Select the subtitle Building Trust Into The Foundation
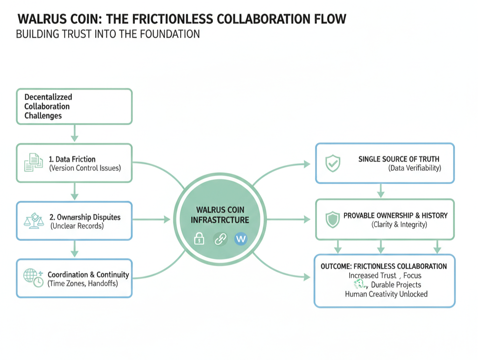click(x=108, y=34)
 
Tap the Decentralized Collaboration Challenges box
click(x=74, y=106)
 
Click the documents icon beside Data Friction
click(x=33, y=163)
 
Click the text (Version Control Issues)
click(x=85, y=168)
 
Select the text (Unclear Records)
click(x=77, y=226)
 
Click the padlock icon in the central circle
click(x=199, y=239)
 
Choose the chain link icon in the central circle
click(x=220, y=239)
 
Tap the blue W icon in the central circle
click(x=241, y=239)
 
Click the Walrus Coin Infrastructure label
click(x=220, y=215)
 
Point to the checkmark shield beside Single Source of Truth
click(x=333, y=163)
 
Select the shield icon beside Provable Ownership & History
click(x=332, y=219)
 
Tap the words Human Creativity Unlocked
click(x=386, y=294)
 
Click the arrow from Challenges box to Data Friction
click(x=74, y=134)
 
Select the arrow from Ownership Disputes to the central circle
click(x=153, y=219)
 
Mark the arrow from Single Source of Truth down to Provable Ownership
click(x=380, y=191)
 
